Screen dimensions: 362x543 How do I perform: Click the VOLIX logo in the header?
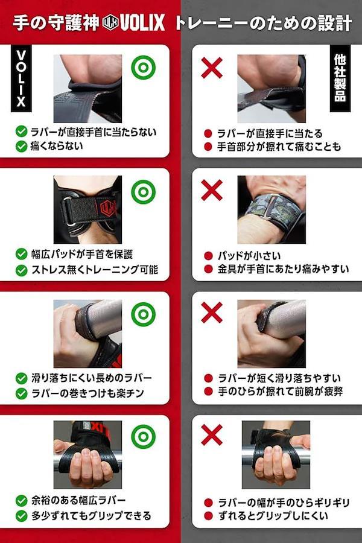point(133,22)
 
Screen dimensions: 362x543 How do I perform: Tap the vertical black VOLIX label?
point(21,78)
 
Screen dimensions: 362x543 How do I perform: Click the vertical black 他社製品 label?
point(340,78)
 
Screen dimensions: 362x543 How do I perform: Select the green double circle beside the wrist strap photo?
point(143,191)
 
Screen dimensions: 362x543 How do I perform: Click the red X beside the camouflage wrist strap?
point(212,190)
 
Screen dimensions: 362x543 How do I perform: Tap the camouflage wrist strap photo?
point(271,209)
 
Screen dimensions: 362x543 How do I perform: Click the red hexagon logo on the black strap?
point(107,208)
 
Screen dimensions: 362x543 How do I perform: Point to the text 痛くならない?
point(57,146)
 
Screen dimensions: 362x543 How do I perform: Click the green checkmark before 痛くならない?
point(22,146)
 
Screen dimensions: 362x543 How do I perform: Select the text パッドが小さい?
point(249,256)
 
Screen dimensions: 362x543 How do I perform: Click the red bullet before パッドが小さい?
point(208,256)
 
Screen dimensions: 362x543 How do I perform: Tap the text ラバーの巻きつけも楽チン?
point(87,393)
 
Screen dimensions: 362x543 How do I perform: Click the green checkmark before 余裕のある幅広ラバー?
point(22,500)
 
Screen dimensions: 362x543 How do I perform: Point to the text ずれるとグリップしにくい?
point(273,516)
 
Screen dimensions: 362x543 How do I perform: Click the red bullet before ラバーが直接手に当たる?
point(208,133)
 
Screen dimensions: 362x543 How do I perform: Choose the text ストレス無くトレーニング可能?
point(95,270)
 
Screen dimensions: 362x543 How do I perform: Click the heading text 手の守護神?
point(56,23)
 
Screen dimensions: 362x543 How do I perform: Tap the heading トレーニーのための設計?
point(264,23)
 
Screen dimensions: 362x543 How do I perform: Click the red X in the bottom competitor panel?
point(212,435)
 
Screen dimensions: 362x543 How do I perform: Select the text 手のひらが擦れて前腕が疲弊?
point(281,392)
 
